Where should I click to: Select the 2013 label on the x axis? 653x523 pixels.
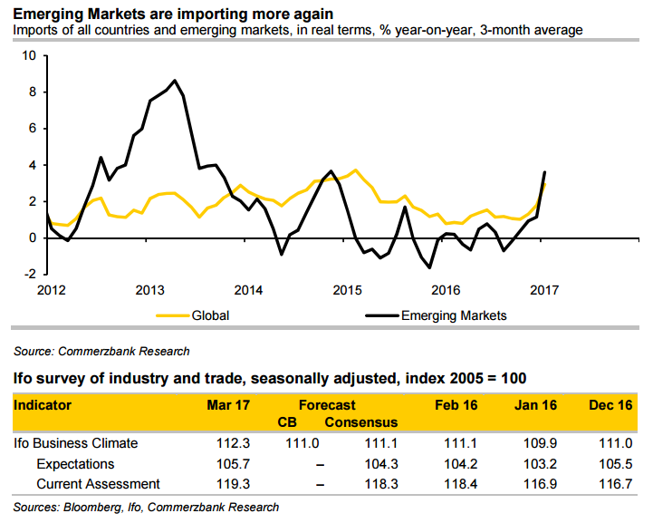pos(149,290)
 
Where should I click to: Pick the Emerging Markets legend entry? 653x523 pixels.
pos(453,315)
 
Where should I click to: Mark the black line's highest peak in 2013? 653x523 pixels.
pos(175,80)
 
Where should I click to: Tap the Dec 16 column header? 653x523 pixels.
pos(611,405)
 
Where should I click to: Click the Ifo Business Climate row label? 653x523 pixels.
pos(77,443)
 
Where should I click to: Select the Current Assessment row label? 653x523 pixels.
pos(98,484)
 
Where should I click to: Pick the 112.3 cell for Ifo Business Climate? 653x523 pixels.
pos(234,443)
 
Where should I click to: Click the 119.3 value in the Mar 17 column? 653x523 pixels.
pos(234,484)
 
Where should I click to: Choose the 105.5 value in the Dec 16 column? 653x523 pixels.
pos(615,463)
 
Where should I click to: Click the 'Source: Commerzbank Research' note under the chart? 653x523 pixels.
pos(101,350)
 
